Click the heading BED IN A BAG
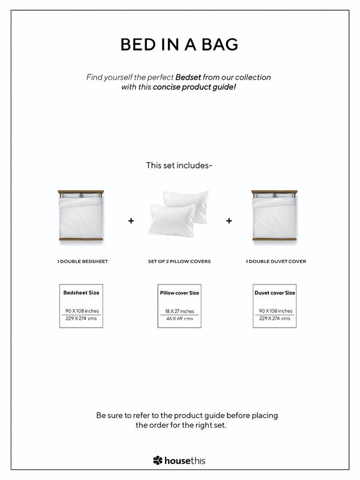click(x=179, y=44)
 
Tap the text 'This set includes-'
click(x=179, y=165)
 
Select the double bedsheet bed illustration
click(x=81, y=216)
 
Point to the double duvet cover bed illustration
click(x=274, y=216)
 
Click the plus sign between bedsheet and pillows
click(x=131, y=221)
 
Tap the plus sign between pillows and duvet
click(x=229, y=221)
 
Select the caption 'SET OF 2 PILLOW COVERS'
click(x=179, y=262)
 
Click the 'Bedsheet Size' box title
click(x=81, y=293)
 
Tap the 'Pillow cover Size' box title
click(x=179, y=293)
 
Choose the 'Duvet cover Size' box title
click(x=275, y=293)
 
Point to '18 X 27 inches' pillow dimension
click(x=179, y=311)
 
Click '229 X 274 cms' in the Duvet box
click(x=275, y=319)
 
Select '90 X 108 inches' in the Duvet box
click(x=275, y=311)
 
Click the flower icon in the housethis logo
click(x=158, y=461)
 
